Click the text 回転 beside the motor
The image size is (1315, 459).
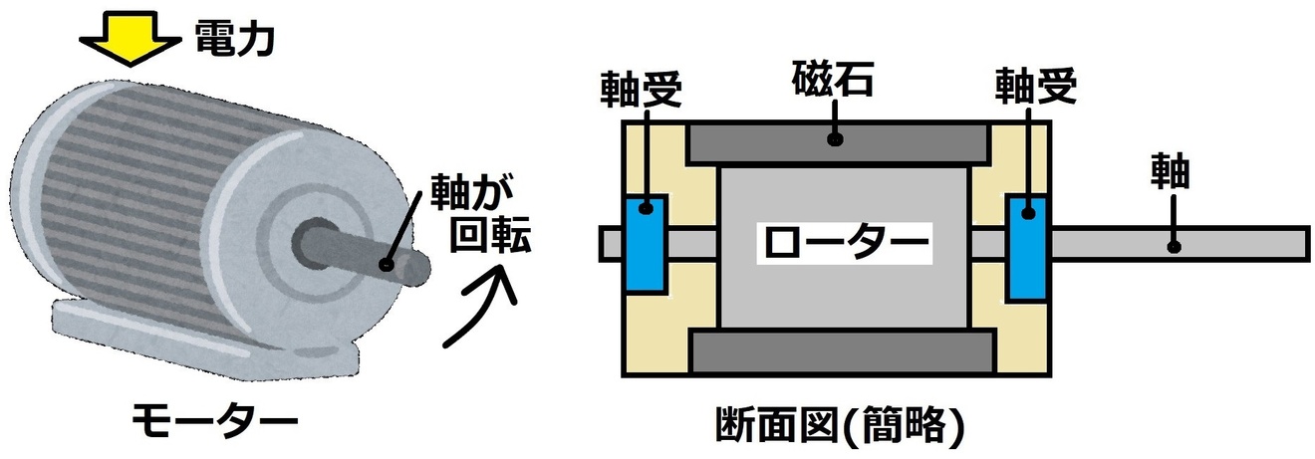point(490,238)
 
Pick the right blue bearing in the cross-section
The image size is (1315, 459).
point(1026,247)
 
